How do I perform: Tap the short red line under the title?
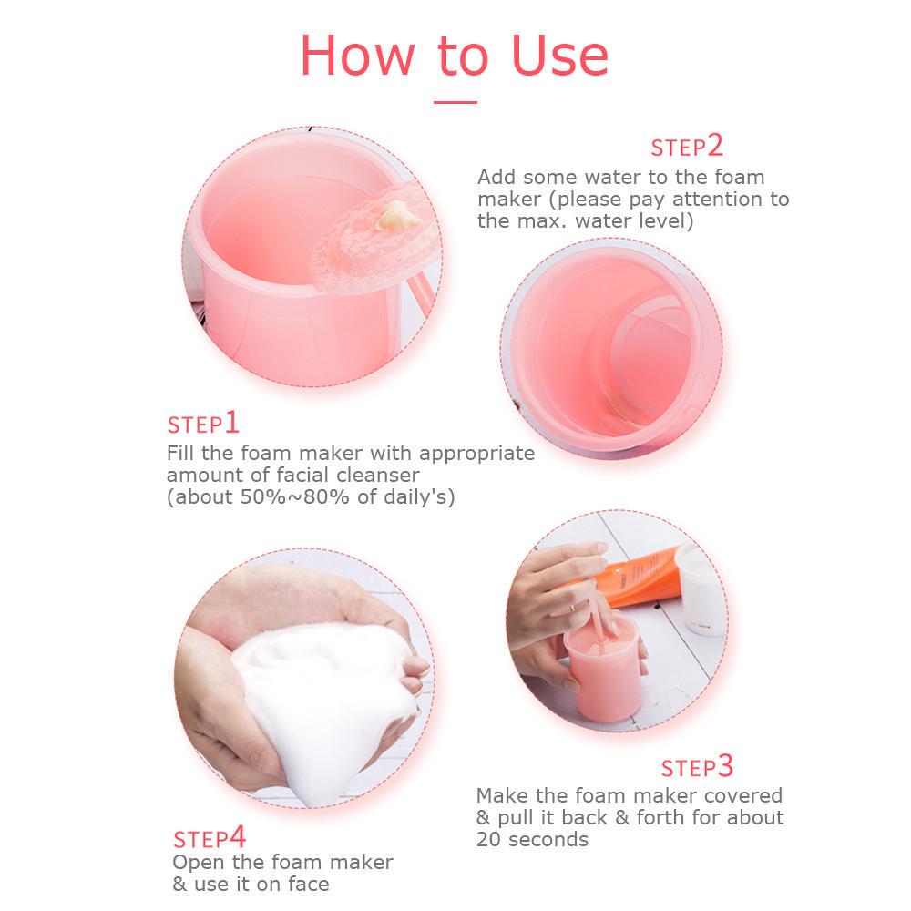(x=455, y=102)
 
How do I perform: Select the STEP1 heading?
(x=203, y=424)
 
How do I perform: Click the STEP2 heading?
(x=686, y=147)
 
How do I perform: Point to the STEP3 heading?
(x=697, y=767)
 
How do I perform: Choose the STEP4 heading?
(x=210, y=837)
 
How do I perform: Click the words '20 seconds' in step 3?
(x=532, y=839)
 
